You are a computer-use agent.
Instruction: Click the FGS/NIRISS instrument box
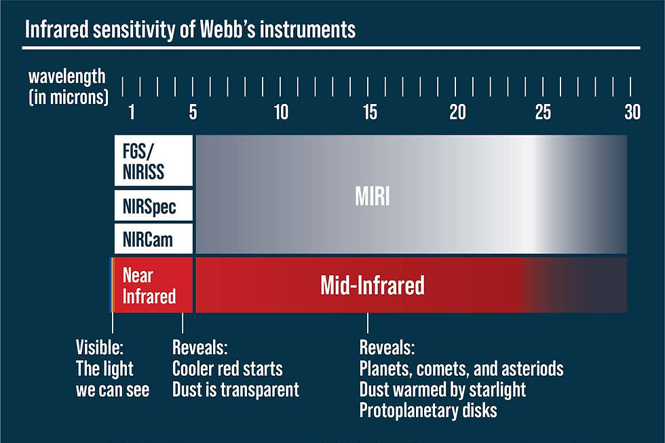pos(153,160)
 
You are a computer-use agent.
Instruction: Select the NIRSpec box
pos(153,206)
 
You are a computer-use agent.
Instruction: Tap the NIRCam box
pos(153,238)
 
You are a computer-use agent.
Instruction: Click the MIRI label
pos(372,196)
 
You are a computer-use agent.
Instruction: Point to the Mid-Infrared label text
pos(373,285)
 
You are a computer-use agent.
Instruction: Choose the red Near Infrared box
pos(153,285)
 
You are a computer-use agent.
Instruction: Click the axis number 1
pos(132,112)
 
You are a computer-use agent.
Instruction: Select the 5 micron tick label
pos(193,112)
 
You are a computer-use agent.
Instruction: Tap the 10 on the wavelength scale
pos(281,112)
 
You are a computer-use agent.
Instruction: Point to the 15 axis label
pos(370,112)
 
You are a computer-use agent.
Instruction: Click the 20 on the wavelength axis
pos(457,112)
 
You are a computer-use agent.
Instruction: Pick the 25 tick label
pos(543,112)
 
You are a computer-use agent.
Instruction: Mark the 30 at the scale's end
pos(632,112)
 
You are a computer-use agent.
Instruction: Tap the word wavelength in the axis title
pos(66,77)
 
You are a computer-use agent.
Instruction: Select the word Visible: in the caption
pos(100,347)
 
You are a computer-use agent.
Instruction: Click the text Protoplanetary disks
pos(428,410)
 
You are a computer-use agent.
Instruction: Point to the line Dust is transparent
pos(236,389)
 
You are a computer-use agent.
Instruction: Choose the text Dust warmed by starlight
pos(442,389)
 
